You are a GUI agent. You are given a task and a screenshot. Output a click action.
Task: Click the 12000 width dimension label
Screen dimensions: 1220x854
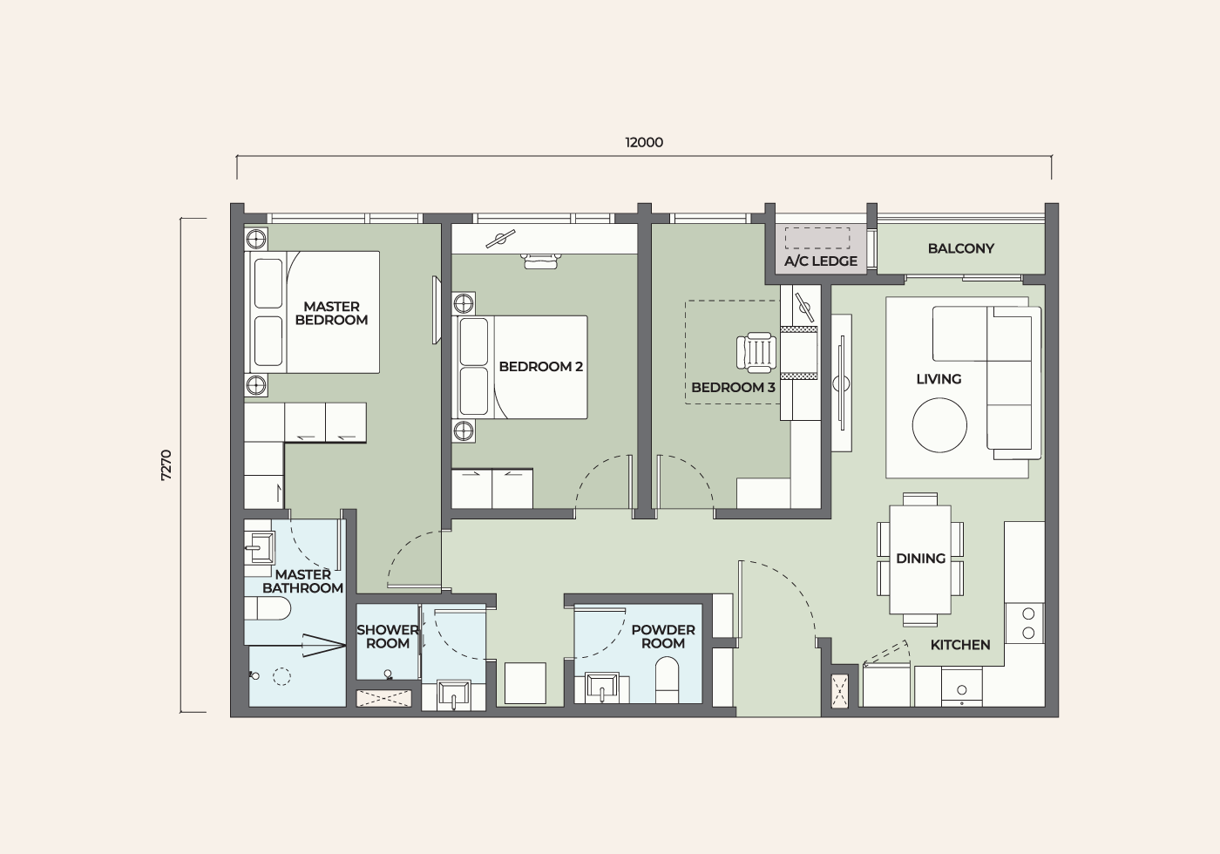point(644,143)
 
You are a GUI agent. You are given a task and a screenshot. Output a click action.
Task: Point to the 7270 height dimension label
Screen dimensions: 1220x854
point(166,464)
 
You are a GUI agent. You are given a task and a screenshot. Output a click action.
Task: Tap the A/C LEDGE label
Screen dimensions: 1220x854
point(821,261)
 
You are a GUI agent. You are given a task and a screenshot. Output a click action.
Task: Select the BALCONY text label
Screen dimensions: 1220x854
point(960,248)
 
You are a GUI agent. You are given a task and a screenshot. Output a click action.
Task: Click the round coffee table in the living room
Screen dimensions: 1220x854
point(939,425)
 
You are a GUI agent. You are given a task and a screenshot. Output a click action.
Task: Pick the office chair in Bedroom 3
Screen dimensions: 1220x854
point(756,353)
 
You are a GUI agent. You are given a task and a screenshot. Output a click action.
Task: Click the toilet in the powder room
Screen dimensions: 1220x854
point(668,680)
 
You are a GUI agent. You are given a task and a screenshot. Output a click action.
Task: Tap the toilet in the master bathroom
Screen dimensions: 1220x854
point(267,608)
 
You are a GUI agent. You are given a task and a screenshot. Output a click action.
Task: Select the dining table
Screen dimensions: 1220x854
point(920,559)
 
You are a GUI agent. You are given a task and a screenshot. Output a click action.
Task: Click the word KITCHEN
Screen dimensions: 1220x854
point(959,645)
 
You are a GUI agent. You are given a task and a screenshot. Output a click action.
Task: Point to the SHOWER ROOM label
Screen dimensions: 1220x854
point(387,637)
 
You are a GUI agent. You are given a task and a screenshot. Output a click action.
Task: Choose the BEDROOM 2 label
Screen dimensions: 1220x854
point(541,367)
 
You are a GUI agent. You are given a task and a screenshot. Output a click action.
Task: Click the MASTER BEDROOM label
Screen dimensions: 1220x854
point(331,313)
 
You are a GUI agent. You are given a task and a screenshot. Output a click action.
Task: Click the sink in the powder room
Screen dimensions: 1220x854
point(602,688)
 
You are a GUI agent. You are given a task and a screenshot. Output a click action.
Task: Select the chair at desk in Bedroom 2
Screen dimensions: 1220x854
point(541,261)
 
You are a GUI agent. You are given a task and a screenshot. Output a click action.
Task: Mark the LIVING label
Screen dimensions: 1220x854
point(939,379)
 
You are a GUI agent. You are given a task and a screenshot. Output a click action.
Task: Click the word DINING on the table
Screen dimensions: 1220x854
point(920,559)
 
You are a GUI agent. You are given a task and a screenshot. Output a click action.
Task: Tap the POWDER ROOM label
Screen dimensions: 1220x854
point(663,637)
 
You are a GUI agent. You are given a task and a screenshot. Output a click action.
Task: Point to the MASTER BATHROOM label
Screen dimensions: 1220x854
point(303,581)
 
